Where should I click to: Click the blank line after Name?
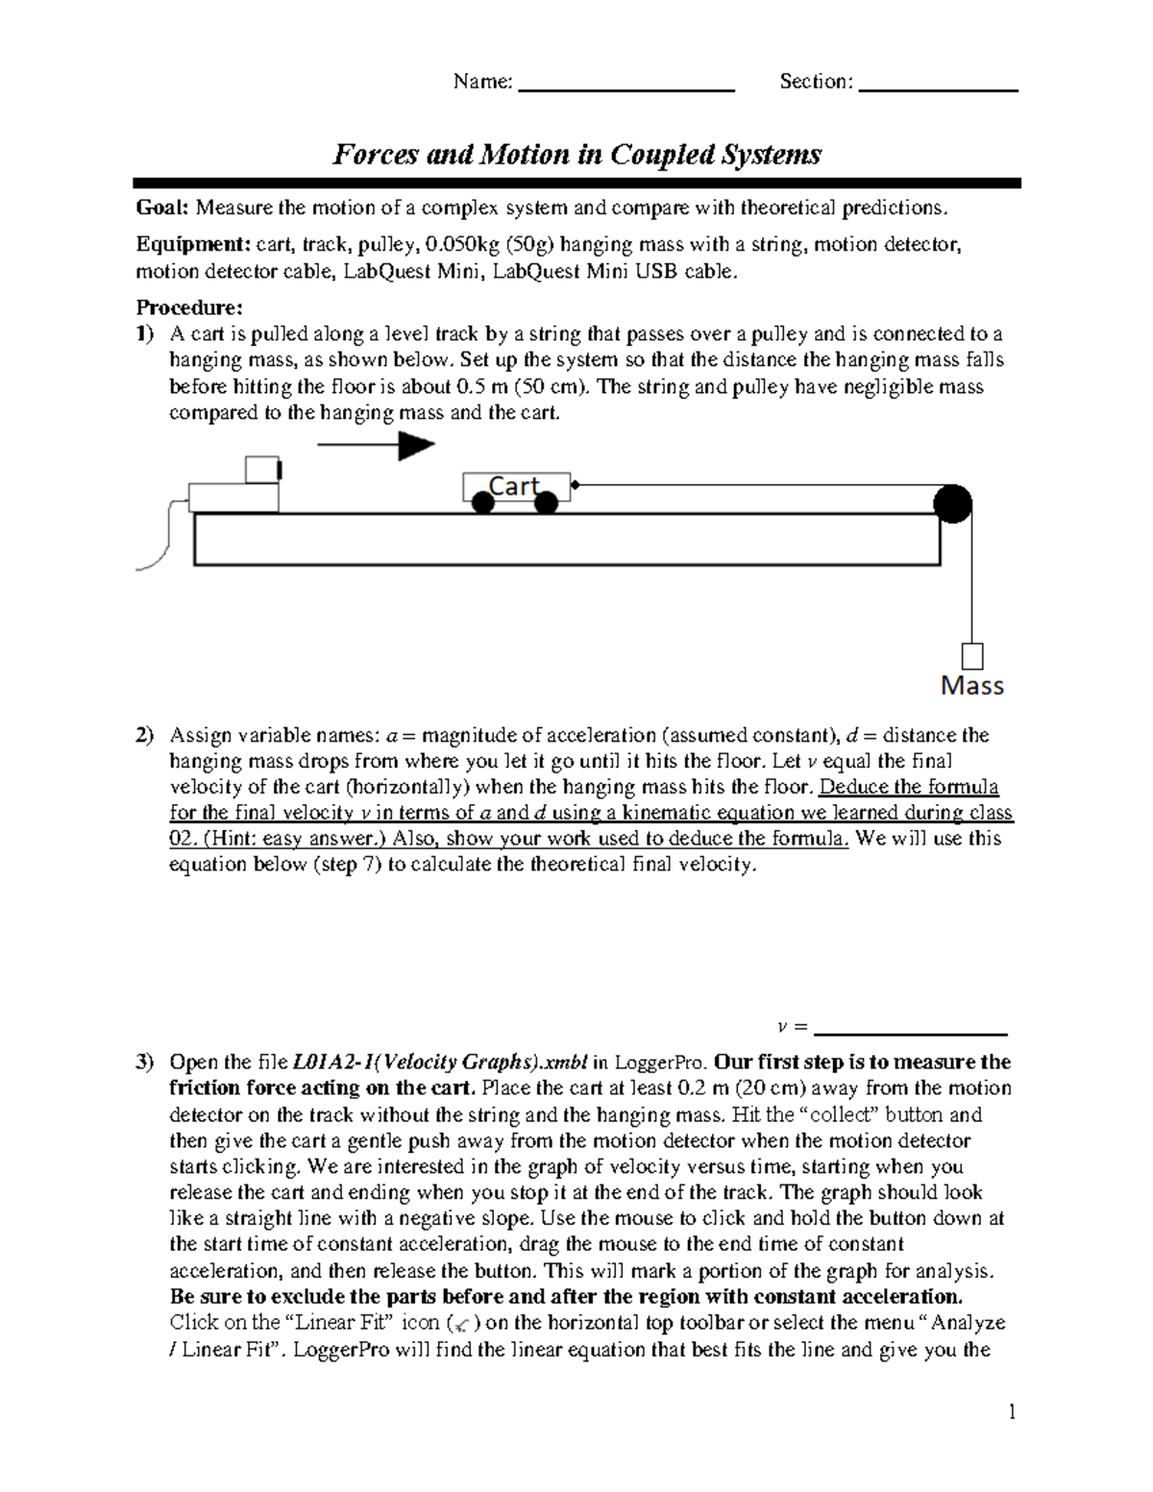coord(626,88)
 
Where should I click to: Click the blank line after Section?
coord(938,88)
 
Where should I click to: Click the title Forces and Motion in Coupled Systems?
coord(576,154)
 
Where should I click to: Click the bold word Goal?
coord(163,208)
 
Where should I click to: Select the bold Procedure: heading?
coord(189,307)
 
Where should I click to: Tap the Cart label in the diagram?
coord(515,486)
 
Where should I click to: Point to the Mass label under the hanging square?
coord(971,686)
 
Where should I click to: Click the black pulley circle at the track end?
coord(952,503)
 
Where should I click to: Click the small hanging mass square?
coord(972,656)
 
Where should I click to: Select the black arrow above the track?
coord(376,445)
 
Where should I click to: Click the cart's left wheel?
coord(483,502)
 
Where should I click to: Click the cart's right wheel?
coord(546,502)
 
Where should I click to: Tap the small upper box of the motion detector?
coord(262,470)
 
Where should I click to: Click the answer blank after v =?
coord(909,1031)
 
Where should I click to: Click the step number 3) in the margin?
coord(144,1063)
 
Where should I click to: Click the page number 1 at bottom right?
coord(1011,1412)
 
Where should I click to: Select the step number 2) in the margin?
coord(144,736)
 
